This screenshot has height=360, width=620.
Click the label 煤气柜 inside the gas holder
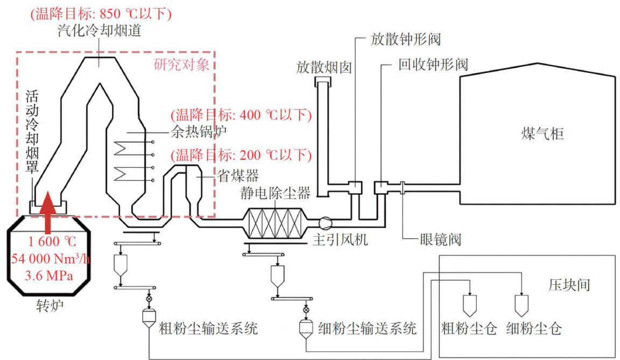(x=542, y=133)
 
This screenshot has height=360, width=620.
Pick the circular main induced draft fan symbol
(x=326, y=222)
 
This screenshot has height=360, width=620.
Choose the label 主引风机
(x=341, y=240)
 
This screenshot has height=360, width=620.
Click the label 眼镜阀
(x=440, y=238)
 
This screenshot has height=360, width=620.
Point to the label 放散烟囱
(x=323, y=67)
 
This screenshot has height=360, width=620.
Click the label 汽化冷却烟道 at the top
(x=99, y=31)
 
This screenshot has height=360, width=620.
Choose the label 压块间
(x=569, y=284)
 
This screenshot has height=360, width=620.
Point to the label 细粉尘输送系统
(x=367, y=328)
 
